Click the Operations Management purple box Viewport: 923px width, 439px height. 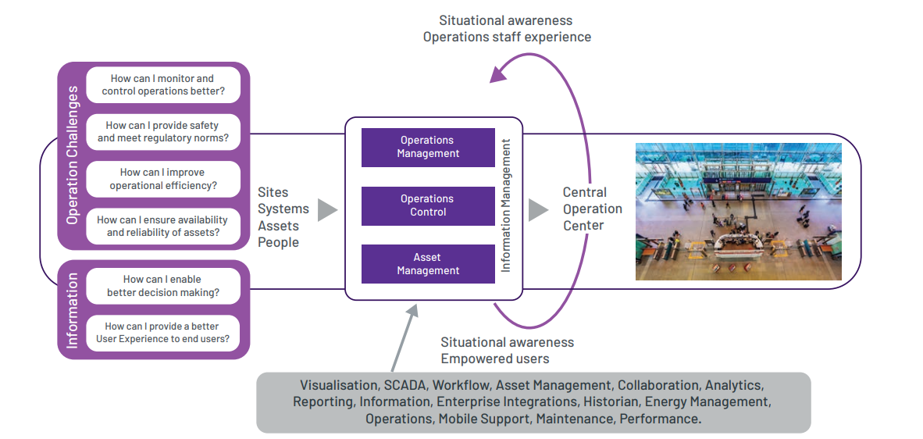tap(428, 147)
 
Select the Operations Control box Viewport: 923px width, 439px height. tap(428, 205)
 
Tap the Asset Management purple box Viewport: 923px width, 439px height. tap(428, 264)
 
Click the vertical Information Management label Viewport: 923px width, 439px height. tap(506, 205)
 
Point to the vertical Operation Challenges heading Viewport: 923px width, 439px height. tap(73, 155)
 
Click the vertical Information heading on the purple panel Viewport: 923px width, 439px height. tap(73, 310)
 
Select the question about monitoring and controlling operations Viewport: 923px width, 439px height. tap(163, 85)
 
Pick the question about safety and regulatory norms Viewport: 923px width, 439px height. tap(163, 131)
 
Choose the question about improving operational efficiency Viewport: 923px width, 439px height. tap(163, 179)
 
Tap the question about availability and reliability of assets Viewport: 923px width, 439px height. tap(163, 226)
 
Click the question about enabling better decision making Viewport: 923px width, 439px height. tap(163, 286)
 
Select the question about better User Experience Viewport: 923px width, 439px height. tap(163, 333)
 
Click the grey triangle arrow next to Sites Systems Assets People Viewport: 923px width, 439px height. tap(327, 209)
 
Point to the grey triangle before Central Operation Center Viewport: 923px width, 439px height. tap(538, 209)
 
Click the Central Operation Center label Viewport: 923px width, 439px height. tap(593, 209)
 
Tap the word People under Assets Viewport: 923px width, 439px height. tap(278, 242)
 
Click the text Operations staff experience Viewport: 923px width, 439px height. tap(507, 37)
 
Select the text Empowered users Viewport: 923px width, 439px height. tap(494, 359)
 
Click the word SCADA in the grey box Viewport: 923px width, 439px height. tap(404, 385)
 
